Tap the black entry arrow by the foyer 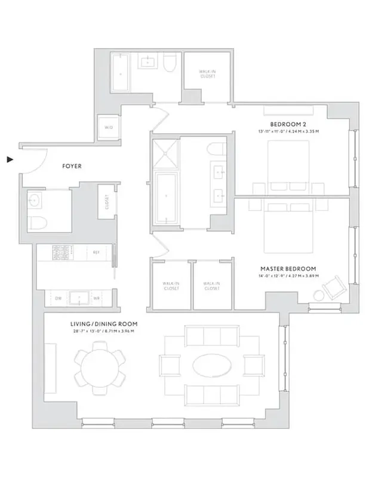click(10, 160)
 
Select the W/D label click(109, 127)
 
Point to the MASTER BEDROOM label click(288, 269)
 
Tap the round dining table click(100, 365)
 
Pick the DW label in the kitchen click(59, 298)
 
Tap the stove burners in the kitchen click(61, 253)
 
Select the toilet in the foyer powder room click(35, 222)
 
